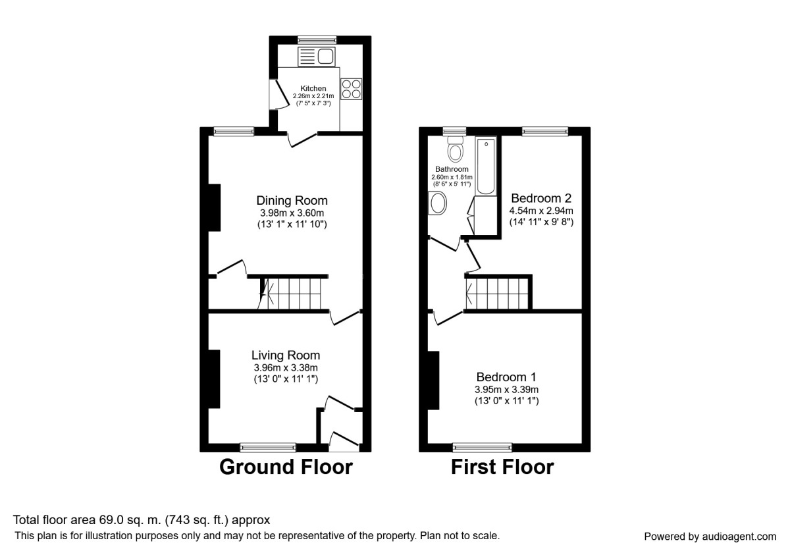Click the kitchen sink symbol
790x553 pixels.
(317, 57)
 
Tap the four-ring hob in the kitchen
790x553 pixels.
(352, 89)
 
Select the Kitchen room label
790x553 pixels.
(313, 88)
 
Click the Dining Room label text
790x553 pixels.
(292, 201)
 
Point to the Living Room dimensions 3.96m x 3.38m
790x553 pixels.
(286, 367)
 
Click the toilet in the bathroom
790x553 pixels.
(455, 151)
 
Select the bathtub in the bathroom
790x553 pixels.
(485, 166)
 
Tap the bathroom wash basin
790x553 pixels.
(437, 203)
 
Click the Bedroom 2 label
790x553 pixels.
(541, 198)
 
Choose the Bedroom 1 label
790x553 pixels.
(506, 377)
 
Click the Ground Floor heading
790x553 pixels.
(286, 467)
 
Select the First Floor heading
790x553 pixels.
(502, 467)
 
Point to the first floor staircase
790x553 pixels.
(498, 292)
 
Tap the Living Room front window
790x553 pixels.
(268, 448)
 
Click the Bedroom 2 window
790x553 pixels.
(545, 132)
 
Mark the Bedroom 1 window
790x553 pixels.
(482, 448)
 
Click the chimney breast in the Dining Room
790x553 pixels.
(214, 207)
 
